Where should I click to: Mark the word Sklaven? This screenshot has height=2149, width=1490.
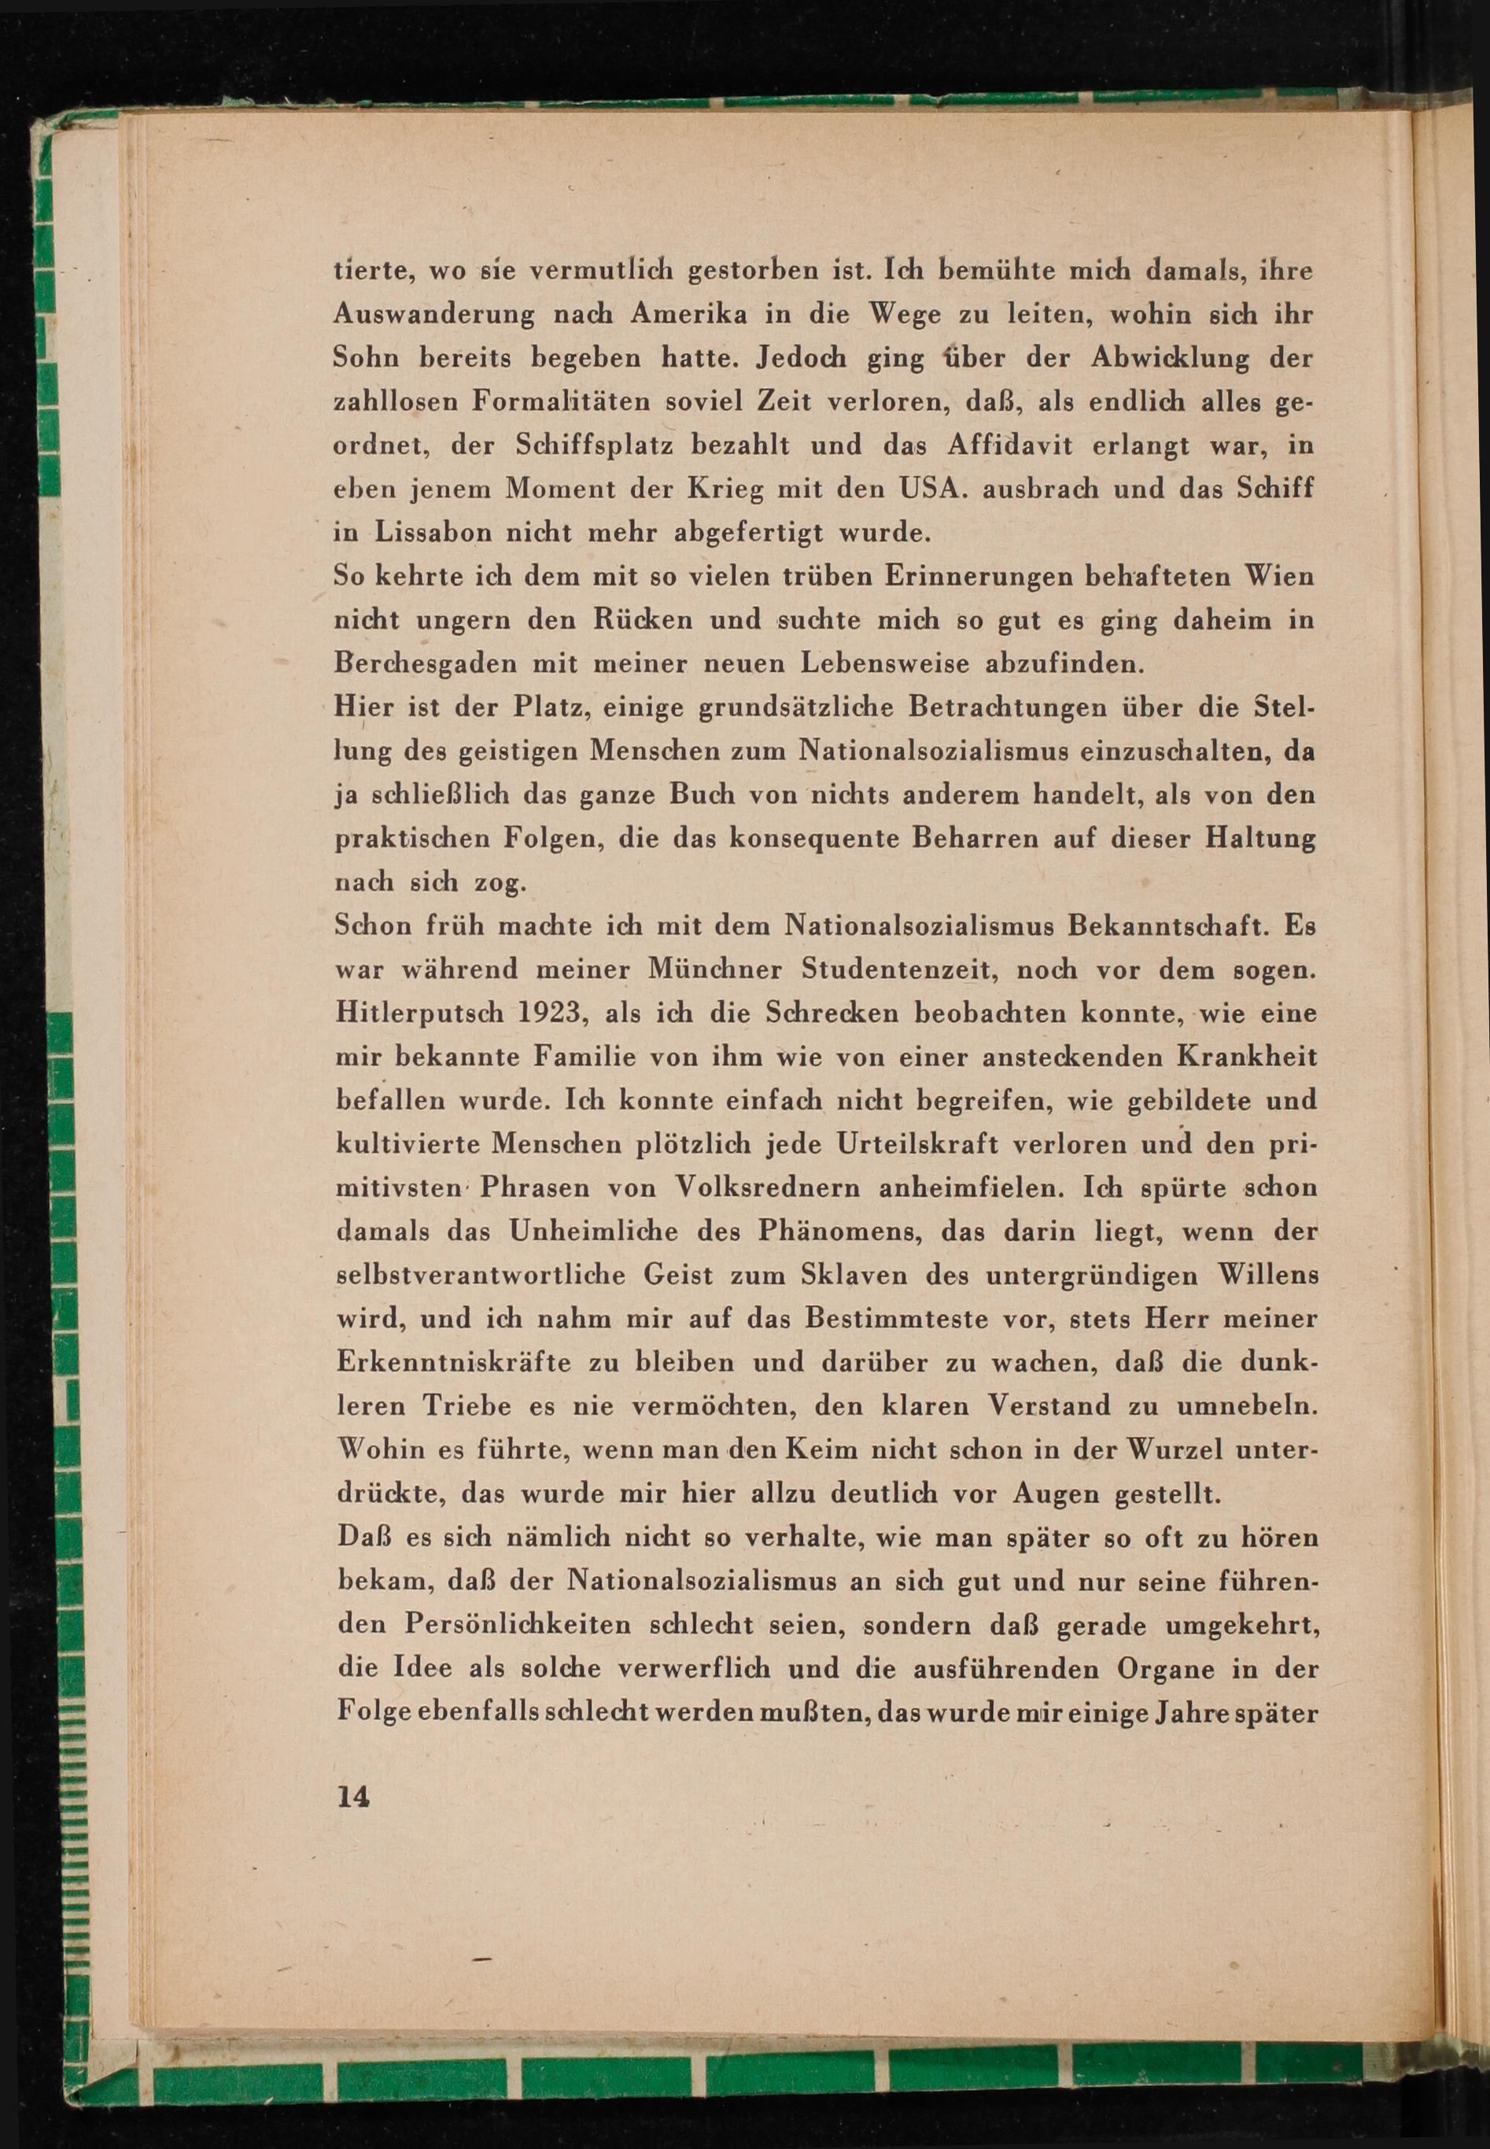coord(857,1276)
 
